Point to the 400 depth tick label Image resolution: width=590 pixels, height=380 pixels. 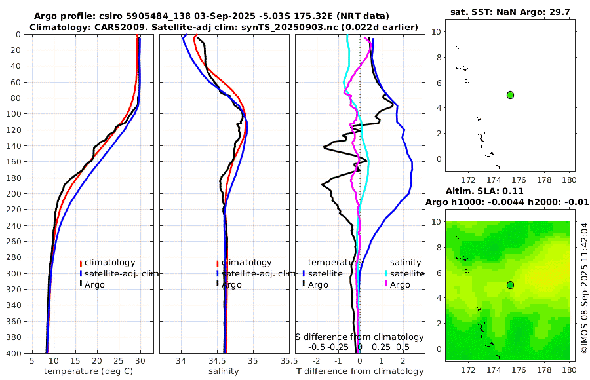pos(14,353)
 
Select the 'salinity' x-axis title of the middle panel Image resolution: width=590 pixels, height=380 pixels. pos(223,371)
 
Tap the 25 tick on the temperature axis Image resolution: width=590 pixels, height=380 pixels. pos(119,360)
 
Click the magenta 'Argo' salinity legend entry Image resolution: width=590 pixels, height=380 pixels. pos(399,285)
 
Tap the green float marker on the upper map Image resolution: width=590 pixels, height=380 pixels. pos(510,95)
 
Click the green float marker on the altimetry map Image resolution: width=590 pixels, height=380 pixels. pos(510,285)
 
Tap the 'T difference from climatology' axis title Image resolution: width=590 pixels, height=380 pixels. pos(360,371)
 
